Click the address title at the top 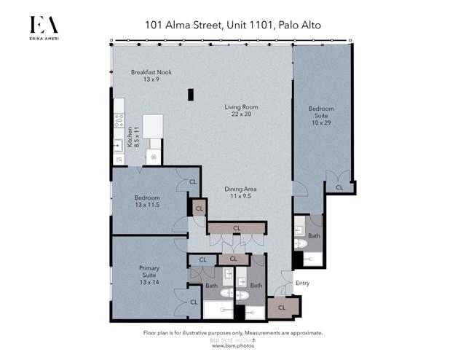(x=233, y=25)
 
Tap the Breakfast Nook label (x=151, y=76)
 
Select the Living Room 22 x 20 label (x=241, y=110)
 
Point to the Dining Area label (x=240, y=192)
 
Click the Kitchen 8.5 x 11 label (x=133, y=137)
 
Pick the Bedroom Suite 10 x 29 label (x=321, y=115)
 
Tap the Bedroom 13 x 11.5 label (x=147, y=201)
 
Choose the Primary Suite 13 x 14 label (x=149, y=275)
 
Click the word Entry (x=303, y=283)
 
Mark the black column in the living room (x=191, y=95)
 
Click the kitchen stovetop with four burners (x=119, y=120)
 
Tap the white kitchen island (x=153, y=126)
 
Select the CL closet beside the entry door (x=283, y=308)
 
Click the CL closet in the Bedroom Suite (x=339, y=187)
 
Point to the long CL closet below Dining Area (x=237, y=228)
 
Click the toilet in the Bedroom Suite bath (x=301, y=243)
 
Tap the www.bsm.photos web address (x=233, y=345)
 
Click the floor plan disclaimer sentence (x=233, y=333)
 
